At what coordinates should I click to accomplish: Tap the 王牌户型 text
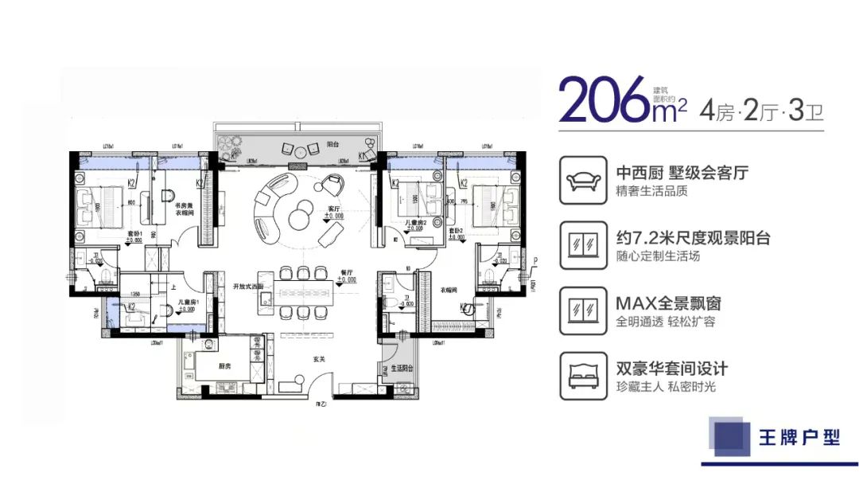(799, 438)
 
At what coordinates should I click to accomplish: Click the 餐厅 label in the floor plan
(346, 271)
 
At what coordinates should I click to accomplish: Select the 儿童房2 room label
(415, 222)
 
